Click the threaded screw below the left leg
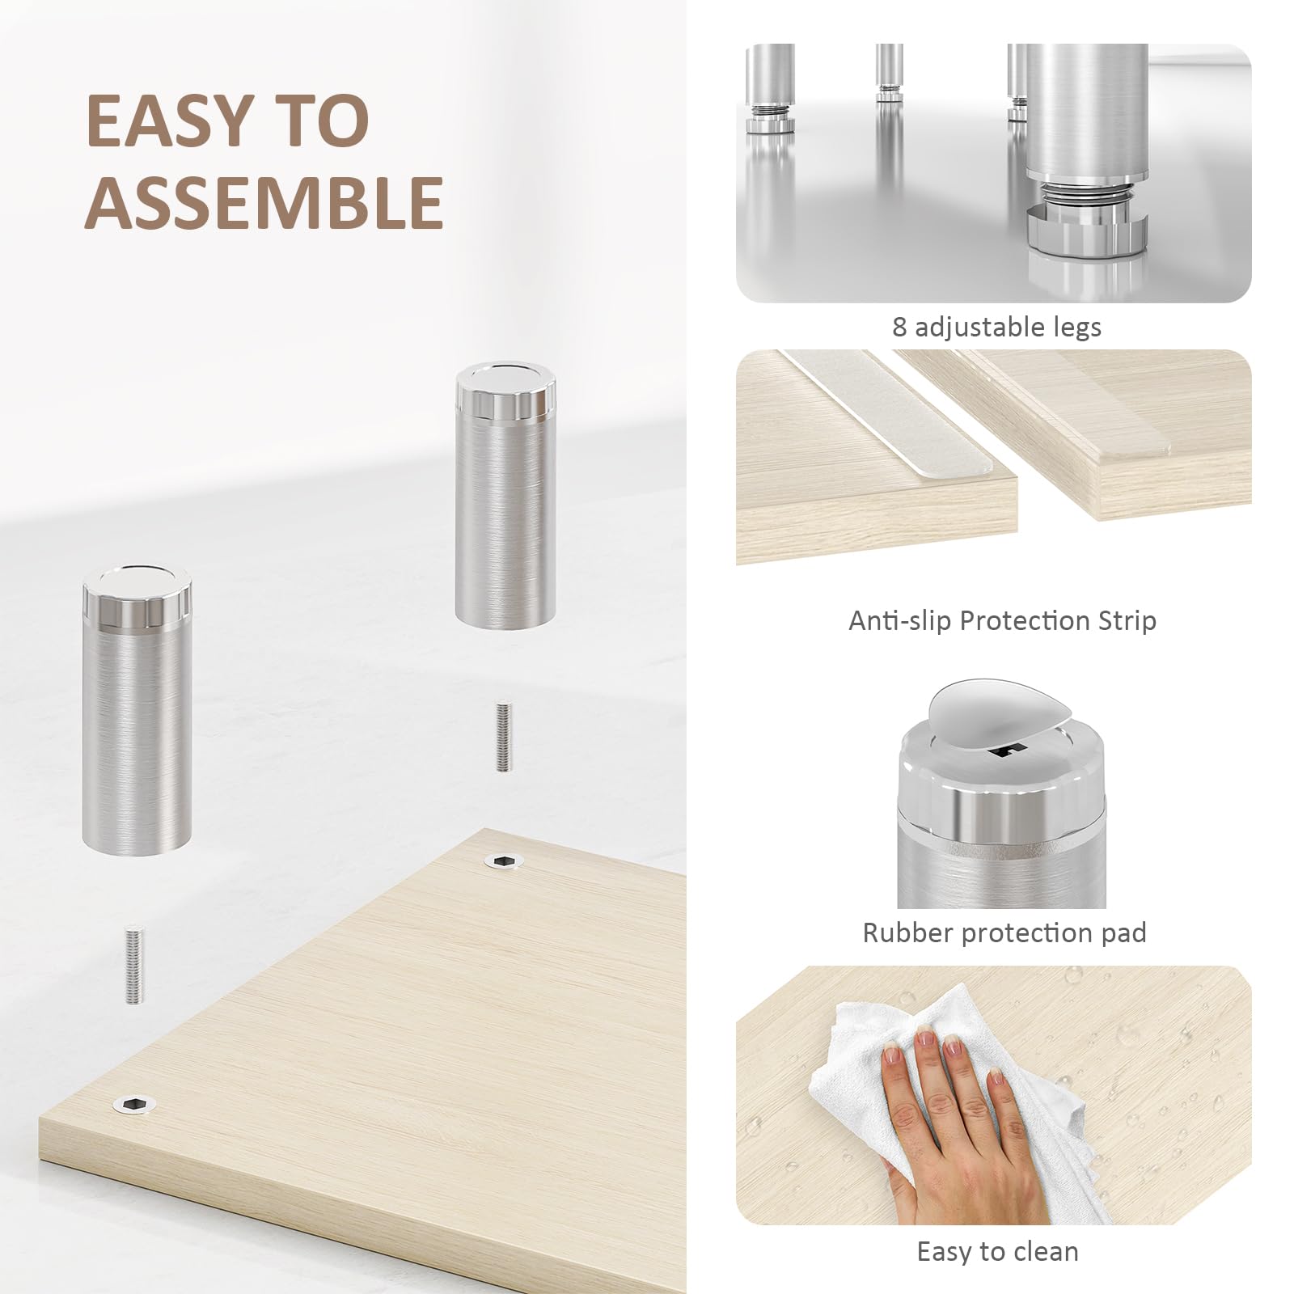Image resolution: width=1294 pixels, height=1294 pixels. pyautogui.click(x=133, y=965)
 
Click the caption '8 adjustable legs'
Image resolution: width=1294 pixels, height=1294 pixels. pyautogui.click(x=996, y=327)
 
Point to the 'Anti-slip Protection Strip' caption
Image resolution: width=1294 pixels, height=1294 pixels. pyautogui.click(x=1002, y=620)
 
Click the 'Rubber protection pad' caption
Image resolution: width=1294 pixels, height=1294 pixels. pyautogui.click(x=1004, y=932)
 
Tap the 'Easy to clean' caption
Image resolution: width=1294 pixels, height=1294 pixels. pyautogui.click(x=997, y=1251)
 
